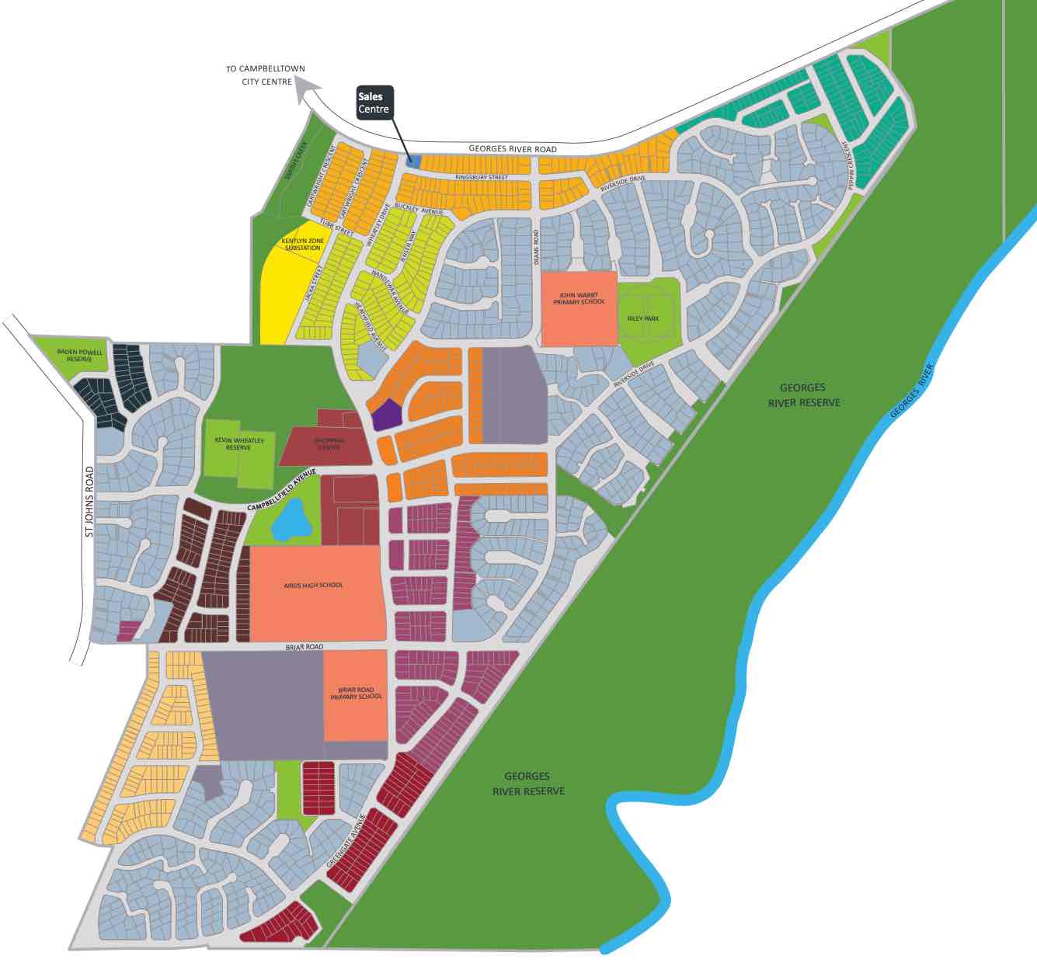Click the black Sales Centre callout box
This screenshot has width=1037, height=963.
374,103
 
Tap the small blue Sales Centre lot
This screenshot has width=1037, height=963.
414,162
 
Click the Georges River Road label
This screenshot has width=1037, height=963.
513,149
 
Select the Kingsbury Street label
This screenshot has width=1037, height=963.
481,178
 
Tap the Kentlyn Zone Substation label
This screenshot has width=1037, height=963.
303,245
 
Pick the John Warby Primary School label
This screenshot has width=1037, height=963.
579,299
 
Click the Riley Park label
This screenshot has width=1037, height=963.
642,318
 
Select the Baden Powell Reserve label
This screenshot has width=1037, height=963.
79,356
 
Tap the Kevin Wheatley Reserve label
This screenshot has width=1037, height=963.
238,443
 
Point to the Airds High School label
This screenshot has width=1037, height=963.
313,585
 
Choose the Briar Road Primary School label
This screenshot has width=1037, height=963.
356,694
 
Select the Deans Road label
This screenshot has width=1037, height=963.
536,247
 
